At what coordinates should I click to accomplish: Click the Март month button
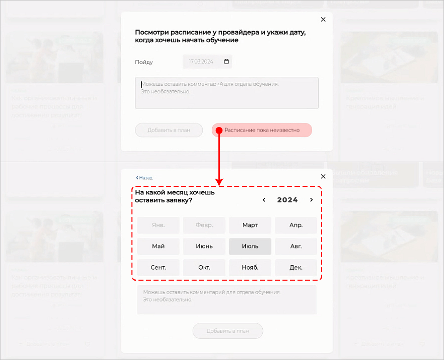click(250, 225)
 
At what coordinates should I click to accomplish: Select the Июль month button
click(250, 246)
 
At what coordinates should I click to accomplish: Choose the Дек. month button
click(296, 267)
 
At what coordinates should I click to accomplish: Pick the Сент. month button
click(158, 267)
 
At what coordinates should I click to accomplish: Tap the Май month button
click(158, 246)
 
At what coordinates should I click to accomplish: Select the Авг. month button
click(296, 246)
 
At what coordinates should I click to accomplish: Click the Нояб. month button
click(250, 267)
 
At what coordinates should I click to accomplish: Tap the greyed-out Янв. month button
click(158, 225)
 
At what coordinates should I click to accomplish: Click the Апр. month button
click(296, 225)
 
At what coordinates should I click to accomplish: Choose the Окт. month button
click(204, 267)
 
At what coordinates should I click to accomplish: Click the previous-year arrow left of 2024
click(264, 200)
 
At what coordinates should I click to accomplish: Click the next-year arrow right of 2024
click(311, 200)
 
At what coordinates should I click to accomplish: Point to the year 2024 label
click(287, 200)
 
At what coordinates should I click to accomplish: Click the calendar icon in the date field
click(226, 62)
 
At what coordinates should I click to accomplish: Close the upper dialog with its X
click(323, 20)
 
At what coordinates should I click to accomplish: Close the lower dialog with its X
click(323, 176)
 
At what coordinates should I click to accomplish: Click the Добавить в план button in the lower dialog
click(228, 331)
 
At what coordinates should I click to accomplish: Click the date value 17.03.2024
click(201, 62)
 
